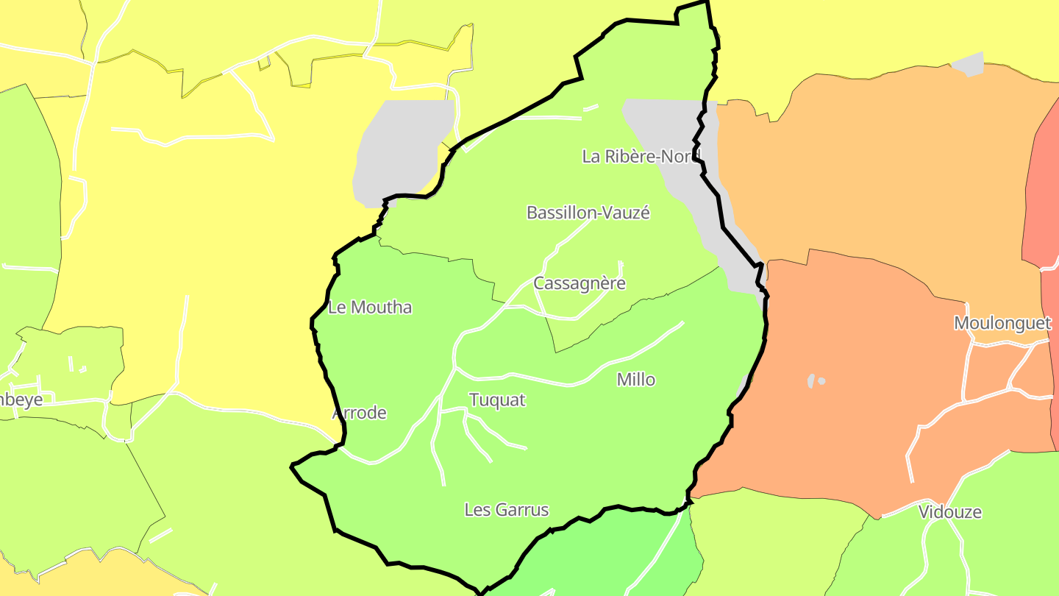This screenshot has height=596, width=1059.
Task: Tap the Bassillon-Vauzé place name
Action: tap(588, 213)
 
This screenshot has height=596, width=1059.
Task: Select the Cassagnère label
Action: tap(580, 283)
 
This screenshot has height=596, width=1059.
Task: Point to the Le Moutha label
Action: tap(369, 308)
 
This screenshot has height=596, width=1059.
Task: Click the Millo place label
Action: tap(636, 380)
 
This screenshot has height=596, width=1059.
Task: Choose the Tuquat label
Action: tap(498, 400)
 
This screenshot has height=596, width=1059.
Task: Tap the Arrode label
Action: tap(360, 413)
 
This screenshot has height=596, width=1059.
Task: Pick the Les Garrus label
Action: tap(507, 509)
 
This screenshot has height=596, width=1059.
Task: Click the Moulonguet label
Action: tap(1002, 323)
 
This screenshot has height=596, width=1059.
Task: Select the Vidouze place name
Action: tap(950, 512)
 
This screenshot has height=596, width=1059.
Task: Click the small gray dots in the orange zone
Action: tap(815, 381)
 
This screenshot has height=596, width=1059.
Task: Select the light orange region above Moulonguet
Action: tap(883, 162)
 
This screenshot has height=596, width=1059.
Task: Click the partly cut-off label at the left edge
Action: tap(21, 400)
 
